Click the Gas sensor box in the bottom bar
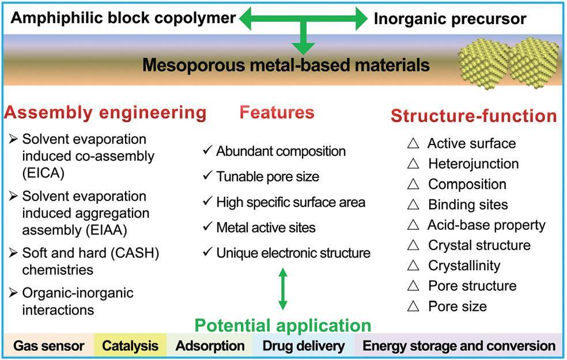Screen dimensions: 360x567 [x=49, y=346]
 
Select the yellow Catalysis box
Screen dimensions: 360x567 [x=130, y=346]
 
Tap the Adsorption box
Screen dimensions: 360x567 [x=210, y=346]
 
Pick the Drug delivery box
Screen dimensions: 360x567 [x=304, y=346]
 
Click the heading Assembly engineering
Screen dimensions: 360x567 [x=105, y=112]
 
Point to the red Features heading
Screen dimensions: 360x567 [x=277, y=112]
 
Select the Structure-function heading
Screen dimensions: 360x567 [x=474, y=116]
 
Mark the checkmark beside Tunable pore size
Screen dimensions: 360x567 [x=208, y=176]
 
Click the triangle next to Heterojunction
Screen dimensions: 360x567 [x=413, y=164]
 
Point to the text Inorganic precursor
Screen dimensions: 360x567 [x=450, y=19]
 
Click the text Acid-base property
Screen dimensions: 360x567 [x=486, y=225]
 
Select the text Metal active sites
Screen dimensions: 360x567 [x=266, y=228]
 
